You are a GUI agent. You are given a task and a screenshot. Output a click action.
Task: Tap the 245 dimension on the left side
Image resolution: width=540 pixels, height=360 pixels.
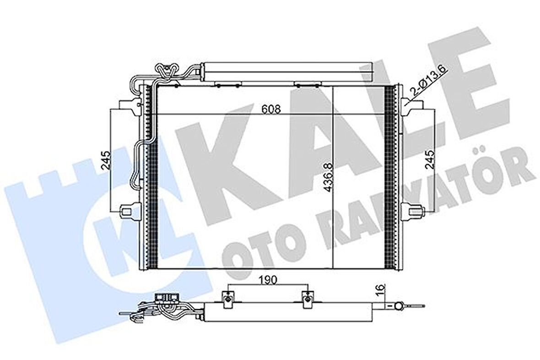pyautogui.click(x=105, y=160)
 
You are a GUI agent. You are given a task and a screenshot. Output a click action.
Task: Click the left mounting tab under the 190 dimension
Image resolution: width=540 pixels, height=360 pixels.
pyautogui.click(x=227, y=298)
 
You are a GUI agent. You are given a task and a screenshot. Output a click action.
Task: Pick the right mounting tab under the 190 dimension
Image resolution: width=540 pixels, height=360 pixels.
pyautogui.click(x=308, y=298)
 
